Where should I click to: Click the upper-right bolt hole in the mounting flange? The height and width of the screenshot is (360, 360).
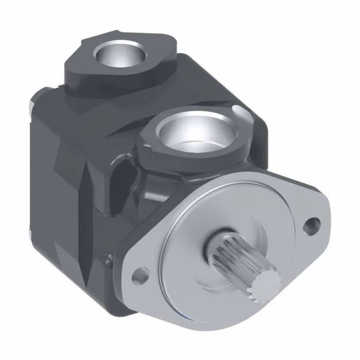pos(310,225)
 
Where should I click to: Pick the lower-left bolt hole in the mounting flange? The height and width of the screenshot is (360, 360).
pos(137,276)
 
